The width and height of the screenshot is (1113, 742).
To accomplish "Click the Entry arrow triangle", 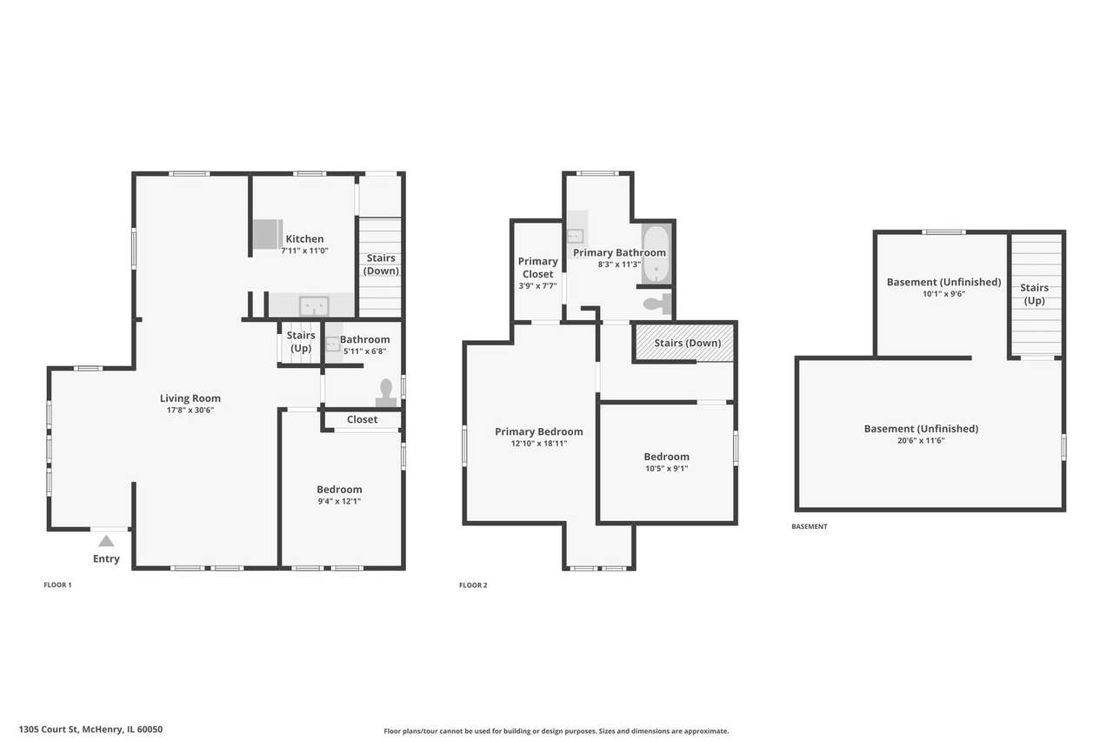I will pyautogui.click(x=106, y=541).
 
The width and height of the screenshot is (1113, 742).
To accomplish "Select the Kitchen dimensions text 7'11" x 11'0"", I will pyautogui.click(x=304, y=251).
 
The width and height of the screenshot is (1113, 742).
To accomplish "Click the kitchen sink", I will pyautogui.click(x=313, y=305).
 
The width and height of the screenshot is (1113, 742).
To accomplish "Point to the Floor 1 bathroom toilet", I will pyautogui.click(x=386, y=392).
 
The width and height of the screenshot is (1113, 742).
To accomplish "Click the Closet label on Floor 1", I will pyautogui.click(x=362, y=419).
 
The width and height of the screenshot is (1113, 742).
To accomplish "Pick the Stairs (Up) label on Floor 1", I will pyautogui.click(x=301, y=342).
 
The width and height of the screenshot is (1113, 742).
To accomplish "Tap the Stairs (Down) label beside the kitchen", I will pyautogui.click(x=381, y=264).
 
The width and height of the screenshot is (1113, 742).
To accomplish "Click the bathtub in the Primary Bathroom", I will pyautogui.click(x=655, y=256).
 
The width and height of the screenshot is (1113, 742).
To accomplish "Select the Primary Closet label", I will pyautogui.click(x=538, y=267).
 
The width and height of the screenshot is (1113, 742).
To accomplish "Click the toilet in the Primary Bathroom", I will pyautogui.click(x=656, y=304).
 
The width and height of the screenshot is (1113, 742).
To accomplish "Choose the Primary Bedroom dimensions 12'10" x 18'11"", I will pyautogui.click(x=539, y=444).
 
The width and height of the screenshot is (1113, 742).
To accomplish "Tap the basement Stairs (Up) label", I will pyautogui.click(x=1034, y=294).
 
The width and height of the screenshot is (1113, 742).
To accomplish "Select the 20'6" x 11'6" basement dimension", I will pyautogui.click(x=921, y=441).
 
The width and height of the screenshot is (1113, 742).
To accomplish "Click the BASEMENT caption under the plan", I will pyautogui.click(x=809, y=526).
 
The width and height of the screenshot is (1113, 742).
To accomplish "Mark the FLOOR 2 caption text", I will pyautogui.click(x=473, y=585).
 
